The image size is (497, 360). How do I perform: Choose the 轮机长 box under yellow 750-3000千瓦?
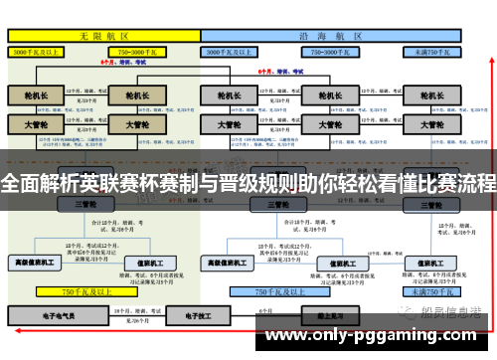[x=130, y=96]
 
